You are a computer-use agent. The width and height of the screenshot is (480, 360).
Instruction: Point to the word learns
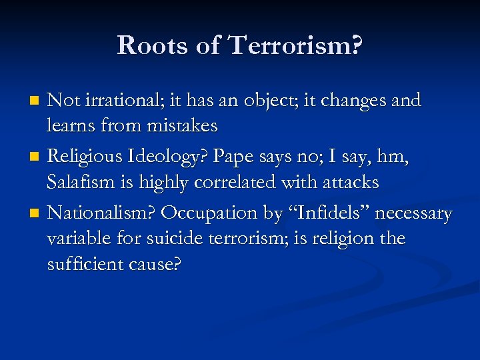point(69,125)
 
